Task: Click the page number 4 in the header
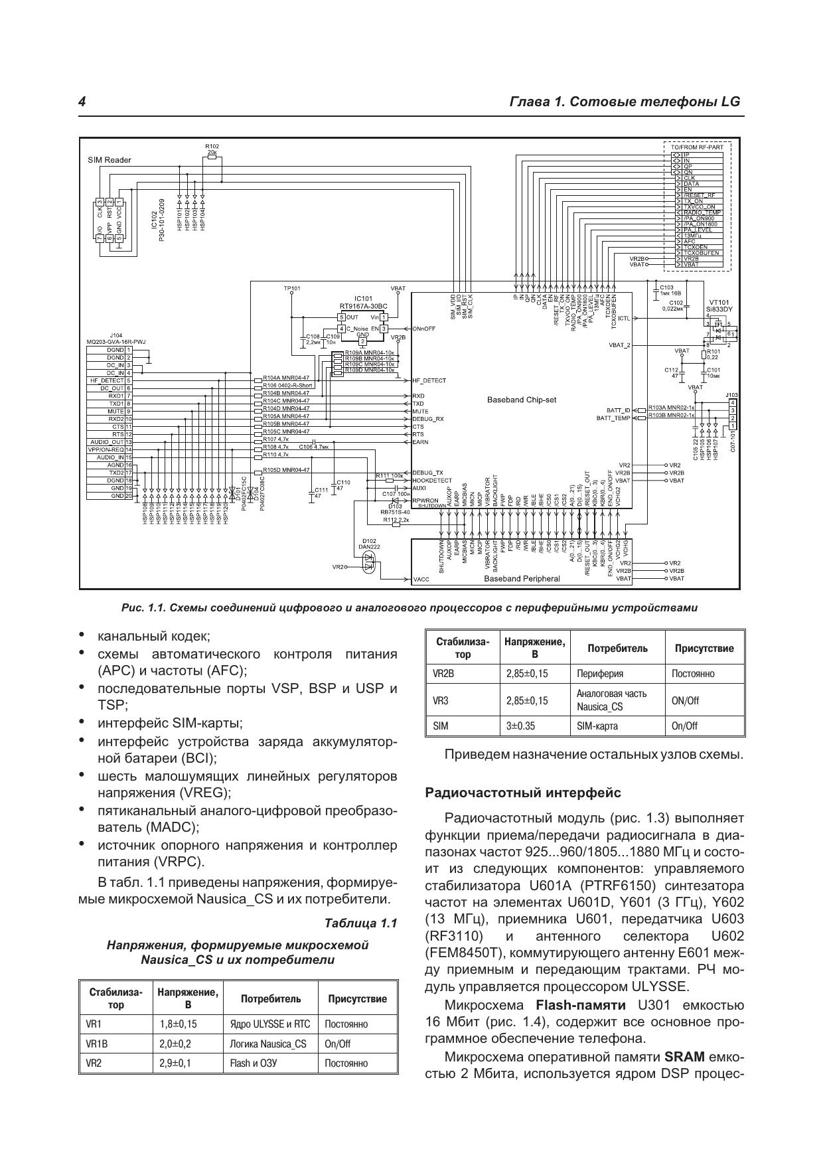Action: click(x=82, y=102)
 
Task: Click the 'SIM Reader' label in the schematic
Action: click(x=110, y=160)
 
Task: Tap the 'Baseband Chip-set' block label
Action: click(x=522, y=400)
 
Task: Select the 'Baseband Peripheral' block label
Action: click(x=522, y=578)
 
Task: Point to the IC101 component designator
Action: click(x=363, y=299)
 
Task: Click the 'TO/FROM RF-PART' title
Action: click(x=696, y=147)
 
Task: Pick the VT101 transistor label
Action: click(x=718, y=301)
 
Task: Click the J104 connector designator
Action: click(x=116, y=336)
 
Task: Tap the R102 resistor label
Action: click(x=212, y=145)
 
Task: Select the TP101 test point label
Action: click(x=292, y=288)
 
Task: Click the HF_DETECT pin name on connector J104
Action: click(x=107, y=380)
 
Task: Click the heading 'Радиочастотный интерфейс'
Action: click(x=523, y=793)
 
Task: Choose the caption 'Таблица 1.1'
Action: click(x=360, y=923)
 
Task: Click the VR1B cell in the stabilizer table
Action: click(x=97, y=1044)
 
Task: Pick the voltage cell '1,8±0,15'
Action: click(x=178, y=1024)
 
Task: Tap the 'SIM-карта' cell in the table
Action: click(x=597, y=726)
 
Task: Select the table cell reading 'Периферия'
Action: click(x=600, y=673)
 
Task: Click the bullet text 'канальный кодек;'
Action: click(x=154, y=637)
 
